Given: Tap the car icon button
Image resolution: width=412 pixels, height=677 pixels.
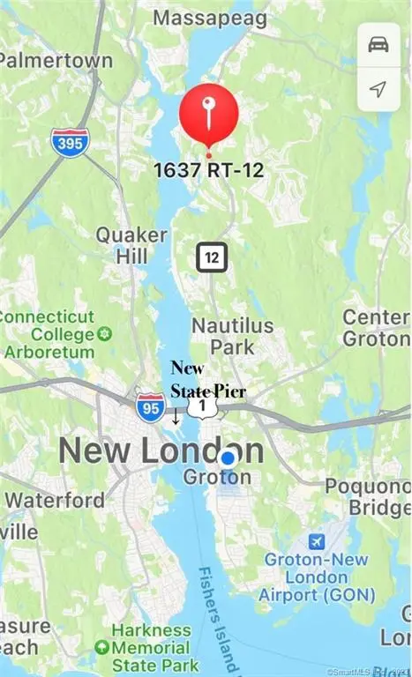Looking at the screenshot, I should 378,45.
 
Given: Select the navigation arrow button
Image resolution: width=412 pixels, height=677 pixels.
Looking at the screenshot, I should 378,89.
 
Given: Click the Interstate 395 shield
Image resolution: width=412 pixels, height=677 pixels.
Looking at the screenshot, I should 69,142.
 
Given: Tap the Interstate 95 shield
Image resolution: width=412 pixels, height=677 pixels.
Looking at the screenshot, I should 150,406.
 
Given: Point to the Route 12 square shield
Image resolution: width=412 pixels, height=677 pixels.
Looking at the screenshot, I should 212,257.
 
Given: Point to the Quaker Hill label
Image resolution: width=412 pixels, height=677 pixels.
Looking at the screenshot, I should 131,245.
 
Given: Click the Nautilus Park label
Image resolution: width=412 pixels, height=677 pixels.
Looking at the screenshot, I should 233,336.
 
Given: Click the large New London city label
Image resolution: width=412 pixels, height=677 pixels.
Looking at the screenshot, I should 161,450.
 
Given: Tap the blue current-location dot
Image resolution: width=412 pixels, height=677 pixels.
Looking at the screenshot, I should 228,458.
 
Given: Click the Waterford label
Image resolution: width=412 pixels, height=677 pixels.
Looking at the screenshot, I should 54,499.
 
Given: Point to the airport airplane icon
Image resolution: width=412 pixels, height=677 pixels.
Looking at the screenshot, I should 315,539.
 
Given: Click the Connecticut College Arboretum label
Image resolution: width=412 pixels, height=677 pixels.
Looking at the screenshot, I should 49,334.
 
